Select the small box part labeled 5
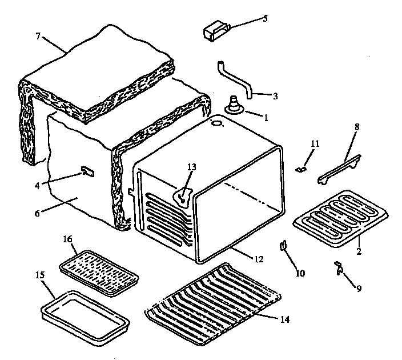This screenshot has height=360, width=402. (x=215, y=30)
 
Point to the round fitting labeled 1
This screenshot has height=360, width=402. (x=234, y=107)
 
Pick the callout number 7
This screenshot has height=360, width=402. (x=38, y=37)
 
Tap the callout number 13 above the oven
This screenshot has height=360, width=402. (x=192, y=167)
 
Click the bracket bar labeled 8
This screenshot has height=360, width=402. (x=340, y=169)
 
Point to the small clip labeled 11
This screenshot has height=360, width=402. (x=300, y=168)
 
